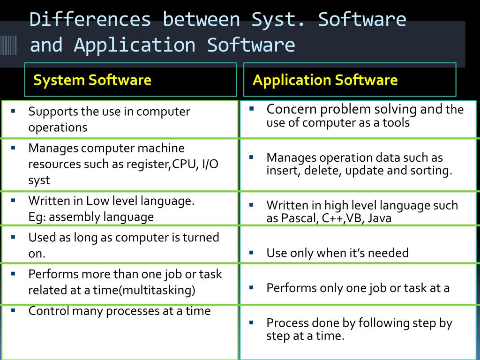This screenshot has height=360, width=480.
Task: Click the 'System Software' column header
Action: (x=92, y=80)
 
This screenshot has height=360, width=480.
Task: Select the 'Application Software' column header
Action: (x=325, y=80)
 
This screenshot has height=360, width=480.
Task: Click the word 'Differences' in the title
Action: (x=90, y=20)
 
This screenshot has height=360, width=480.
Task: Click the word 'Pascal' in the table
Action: (x=297, y=218)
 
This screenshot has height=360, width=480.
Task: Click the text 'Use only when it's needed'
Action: (x=337, y=253)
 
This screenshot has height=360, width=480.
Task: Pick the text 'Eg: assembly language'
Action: (x=91, y=217)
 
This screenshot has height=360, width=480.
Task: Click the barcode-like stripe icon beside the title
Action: (x=8, y=45)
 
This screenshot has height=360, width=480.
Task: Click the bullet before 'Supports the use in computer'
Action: (x=13, y=112)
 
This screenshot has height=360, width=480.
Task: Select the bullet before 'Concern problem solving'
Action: (x=251, y=109)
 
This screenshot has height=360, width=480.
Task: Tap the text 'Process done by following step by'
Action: (x=359, y=323)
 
